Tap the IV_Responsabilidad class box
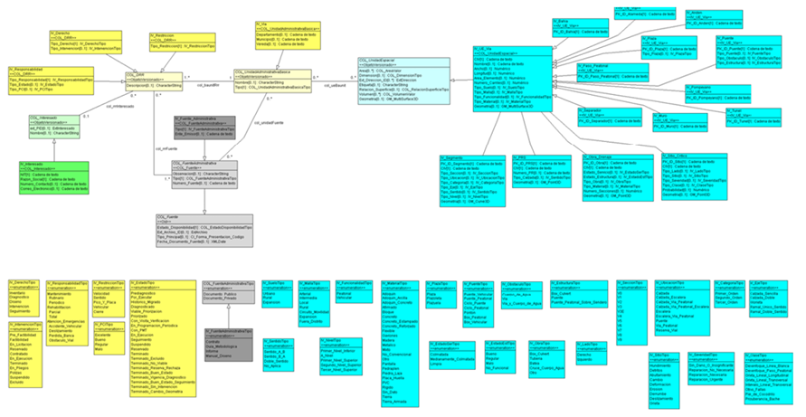tap(49, 80)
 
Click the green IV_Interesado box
tap(54, 175)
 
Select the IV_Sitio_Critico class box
tap(725, 175)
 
